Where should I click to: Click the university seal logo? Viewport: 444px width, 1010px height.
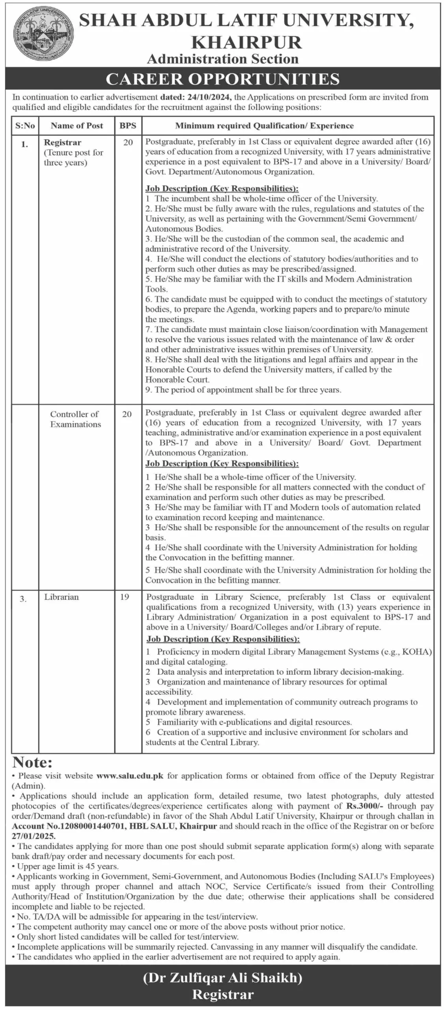point(43,36)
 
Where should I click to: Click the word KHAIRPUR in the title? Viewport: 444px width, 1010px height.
point(246,42)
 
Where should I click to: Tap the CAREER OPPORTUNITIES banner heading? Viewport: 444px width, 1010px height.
point(223,79)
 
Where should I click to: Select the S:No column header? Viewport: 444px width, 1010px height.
point(25,126)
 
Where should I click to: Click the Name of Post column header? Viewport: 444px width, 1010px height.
point(76,126)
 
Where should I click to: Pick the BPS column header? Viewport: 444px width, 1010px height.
point(128,126)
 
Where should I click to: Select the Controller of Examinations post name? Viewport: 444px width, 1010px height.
point(75,419)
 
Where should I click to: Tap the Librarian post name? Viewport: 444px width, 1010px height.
point(62,597)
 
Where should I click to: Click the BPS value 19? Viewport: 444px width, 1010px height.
point(125,597)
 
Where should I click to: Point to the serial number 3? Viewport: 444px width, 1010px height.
point(23,599)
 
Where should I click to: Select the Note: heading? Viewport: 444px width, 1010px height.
point(32,762)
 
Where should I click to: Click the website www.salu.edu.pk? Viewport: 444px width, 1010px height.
point(130,776)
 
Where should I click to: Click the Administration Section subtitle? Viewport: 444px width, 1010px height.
point(223,59)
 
